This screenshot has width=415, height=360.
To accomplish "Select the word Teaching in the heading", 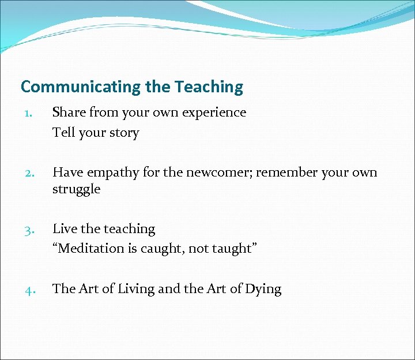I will point(209,87).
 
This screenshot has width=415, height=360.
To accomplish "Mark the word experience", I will point(214,113).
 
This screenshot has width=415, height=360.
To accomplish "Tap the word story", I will point(124,133).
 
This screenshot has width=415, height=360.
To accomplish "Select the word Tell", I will point(64,133).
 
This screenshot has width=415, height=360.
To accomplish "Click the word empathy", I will point(112,172).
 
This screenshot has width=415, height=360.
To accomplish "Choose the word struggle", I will point(76,189).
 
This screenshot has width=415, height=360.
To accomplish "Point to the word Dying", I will point(262,290).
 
